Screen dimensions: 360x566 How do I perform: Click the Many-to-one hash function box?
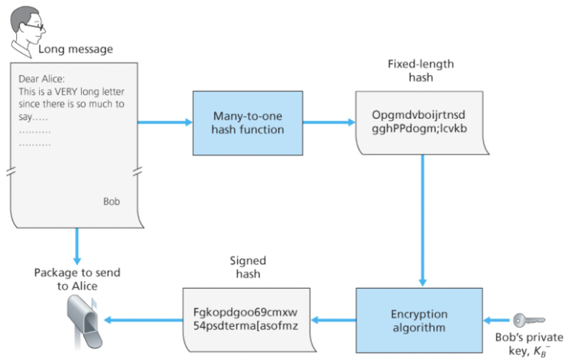point(248,122)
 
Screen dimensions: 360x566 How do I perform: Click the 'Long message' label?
point(75,49)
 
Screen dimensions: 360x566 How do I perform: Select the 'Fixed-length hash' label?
point(421,70)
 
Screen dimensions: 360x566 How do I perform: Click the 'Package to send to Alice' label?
point(77,279)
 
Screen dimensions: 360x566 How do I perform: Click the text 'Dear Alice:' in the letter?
point(42,79)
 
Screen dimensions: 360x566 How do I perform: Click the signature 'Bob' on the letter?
point(111,201)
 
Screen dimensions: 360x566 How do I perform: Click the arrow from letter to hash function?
point(164,122)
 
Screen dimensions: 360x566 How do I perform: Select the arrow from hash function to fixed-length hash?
point(328,122)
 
